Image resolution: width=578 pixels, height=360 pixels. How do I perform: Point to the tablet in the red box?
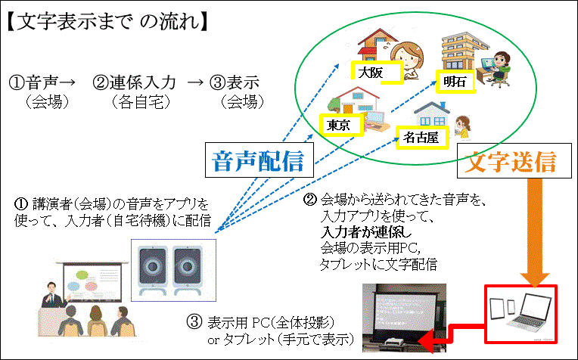(x=498, y=310)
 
